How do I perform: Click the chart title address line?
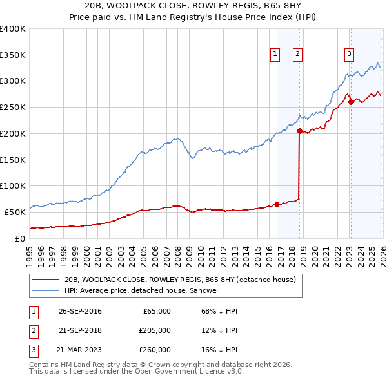click(193, 6)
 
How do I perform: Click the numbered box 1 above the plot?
click(275, 55)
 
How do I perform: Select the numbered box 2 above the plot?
click(298, 55)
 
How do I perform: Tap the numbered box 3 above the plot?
click(349, 55)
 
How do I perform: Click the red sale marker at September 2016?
click(277, 204)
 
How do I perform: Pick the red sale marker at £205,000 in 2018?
click(299, 131)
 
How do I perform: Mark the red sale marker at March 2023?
click(351, 102)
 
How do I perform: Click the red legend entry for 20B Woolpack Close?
click(180, 280)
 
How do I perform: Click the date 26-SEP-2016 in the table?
click(79, 311)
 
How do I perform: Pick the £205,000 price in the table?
click(155, 330)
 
